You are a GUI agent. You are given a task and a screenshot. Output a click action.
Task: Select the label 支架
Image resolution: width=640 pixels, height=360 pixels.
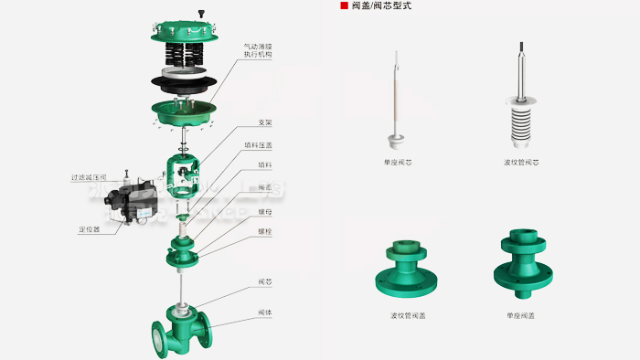264,122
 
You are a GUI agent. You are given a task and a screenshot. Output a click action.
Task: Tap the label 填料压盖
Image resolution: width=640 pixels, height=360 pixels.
258,144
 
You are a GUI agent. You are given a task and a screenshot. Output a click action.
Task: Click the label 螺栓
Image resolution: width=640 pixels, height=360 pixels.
264,233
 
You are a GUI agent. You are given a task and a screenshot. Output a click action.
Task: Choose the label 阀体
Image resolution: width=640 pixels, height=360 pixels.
264,313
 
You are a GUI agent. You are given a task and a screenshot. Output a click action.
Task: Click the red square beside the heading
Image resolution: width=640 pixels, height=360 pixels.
344,5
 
